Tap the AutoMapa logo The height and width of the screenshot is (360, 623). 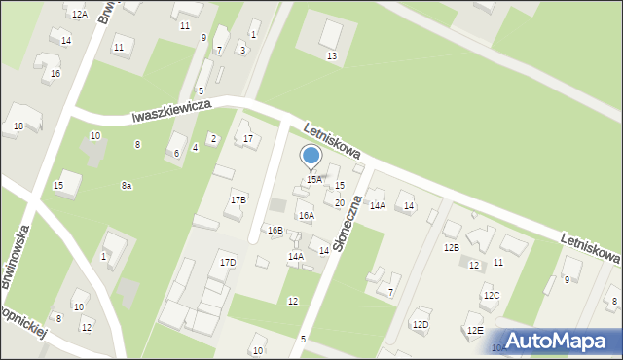tap(558, 340)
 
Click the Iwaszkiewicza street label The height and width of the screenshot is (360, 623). tap(171, 113)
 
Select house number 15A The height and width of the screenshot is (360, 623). tap(314, 180)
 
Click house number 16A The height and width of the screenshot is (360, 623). tap(306, 216)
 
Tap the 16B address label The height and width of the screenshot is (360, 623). tap(275, 231)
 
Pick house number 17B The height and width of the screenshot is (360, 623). tap(238, 199)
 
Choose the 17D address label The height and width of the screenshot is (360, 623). tap(228, 263)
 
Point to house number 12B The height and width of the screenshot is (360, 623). tap(451, 248)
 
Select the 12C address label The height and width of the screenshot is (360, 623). tap(492, 296)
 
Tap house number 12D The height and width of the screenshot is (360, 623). tap(420, 324)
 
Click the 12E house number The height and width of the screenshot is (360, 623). tap(474, 331)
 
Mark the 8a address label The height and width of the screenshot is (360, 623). tap(127, 186)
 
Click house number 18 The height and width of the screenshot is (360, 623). tap(18, 126)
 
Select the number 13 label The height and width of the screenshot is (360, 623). tap(332, 56)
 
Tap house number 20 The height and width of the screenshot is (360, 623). tap(340, 202)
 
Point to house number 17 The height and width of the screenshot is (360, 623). tap(249, 139)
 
